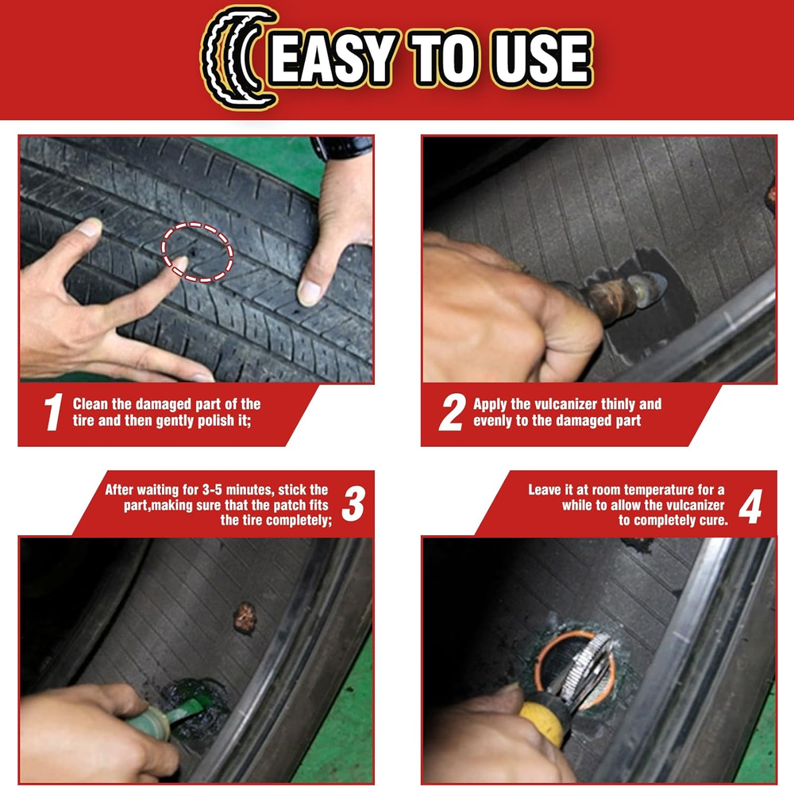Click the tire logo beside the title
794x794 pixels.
[x=236, y=57]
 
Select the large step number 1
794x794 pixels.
[x=53, y=412]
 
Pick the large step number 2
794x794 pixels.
[x=453, y=412]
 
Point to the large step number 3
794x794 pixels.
[x=353, y=503]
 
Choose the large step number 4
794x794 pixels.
[x=750, y=506]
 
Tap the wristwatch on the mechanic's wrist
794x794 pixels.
[x=342, y=147]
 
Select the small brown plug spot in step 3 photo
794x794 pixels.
[x=245, y=618]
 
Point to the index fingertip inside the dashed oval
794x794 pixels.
[x=181, y=262]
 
